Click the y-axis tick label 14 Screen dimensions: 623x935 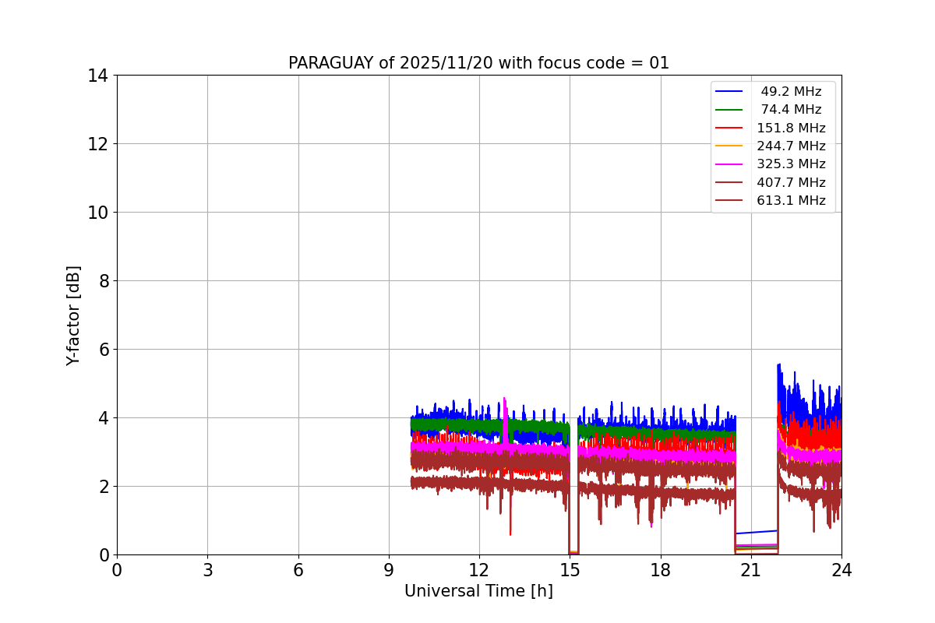[x=98, y=76]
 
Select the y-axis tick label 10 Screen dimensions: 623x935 [x=98, y=213]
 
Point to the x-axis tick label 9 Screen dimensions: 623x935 [x=389, y=571]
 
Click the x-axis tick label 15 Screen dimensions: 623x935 [x=570, y=571]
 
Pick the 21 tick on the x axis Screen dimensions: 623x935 [x=751, y=571]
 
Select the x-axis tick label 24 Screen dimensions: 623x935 [x=841, y=571]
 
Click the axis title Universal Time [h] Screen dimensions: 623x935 [x=478, y=592]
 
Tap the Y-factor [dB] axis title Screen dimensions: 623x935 [x=73, y=315]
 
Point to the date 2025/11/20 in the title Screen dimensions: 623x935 [x=441, y=63]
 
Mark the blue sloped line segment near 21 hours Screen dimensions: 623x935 [x=756, y=532]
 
